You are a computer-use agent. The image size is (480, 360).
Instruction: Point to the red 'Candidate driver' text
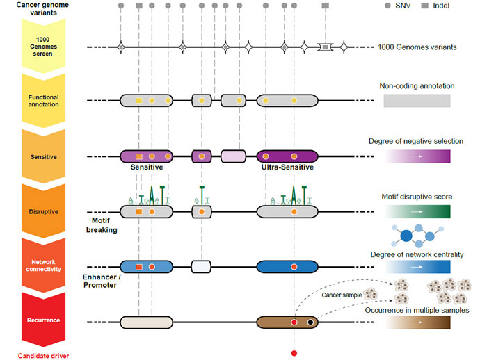pyautogui.click(x=42, y=355)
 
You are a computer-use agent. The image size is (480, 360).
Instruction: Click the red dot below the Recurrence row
pyautogui.click(x=294, y=354)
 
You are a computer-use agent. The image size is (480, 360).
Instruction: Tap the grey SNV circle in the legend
pyautogui.click(x=388, y=6)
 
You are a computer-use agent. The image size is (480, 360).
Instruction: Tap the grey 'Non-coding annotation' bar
pyautogui.click(x=417, y=100)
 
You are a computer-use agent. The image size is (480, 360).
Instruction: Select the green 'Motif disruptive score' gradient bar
pyautogui.click(x=417, y=211)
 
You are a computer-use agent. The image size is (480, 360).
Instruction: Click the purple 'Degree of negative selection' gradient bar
pyautogui.click(x=417, y=156)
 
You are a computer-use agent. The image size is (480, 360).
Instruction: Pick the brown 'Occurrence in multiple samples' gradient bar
pyautogui.click(x=417, y=322)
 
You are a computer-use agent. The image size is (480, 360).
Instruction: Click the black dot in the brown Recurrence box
pyautogui.click(x=311, y=322)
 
